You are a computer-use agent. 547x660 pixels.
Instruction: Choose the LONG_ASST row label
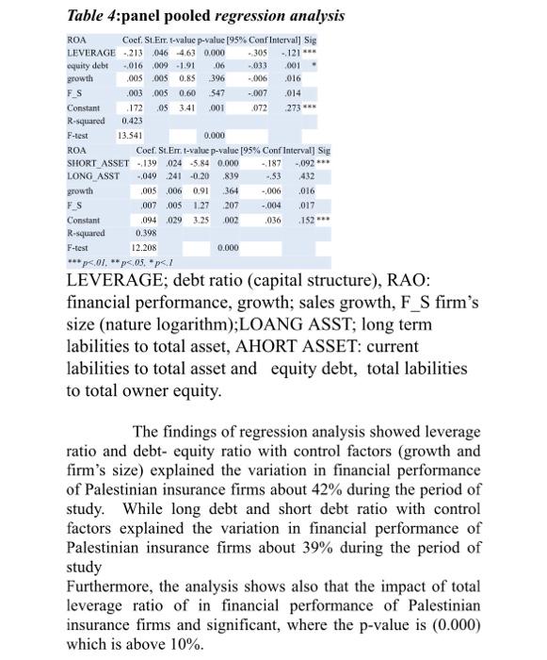point(95,175)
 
